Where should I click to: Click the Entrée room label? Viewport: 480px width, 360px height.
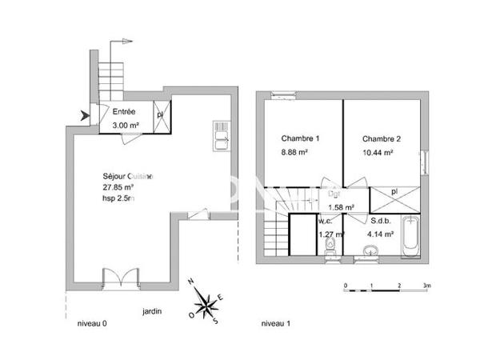[x=123, y=111]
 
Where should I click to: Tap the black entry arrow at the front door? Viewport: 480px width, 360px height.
[x=86, y=118]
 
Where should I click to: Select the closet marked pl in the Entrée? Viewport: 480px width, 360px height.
[x=160, y=114]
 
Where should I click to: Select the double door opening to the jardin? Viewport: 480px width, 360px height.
[x=119, y=282]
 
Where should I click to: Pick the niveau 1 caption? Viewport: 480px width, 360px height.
[x=276, y=324]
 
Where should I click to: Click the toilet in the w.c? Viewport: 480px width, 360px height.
[x=330, y=254]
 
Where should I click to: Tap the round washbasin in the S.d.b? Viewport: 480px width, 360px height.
[x=369, y=254]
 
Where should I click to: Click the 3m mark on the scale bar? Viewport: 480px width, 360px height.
[x=427, y=286]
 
